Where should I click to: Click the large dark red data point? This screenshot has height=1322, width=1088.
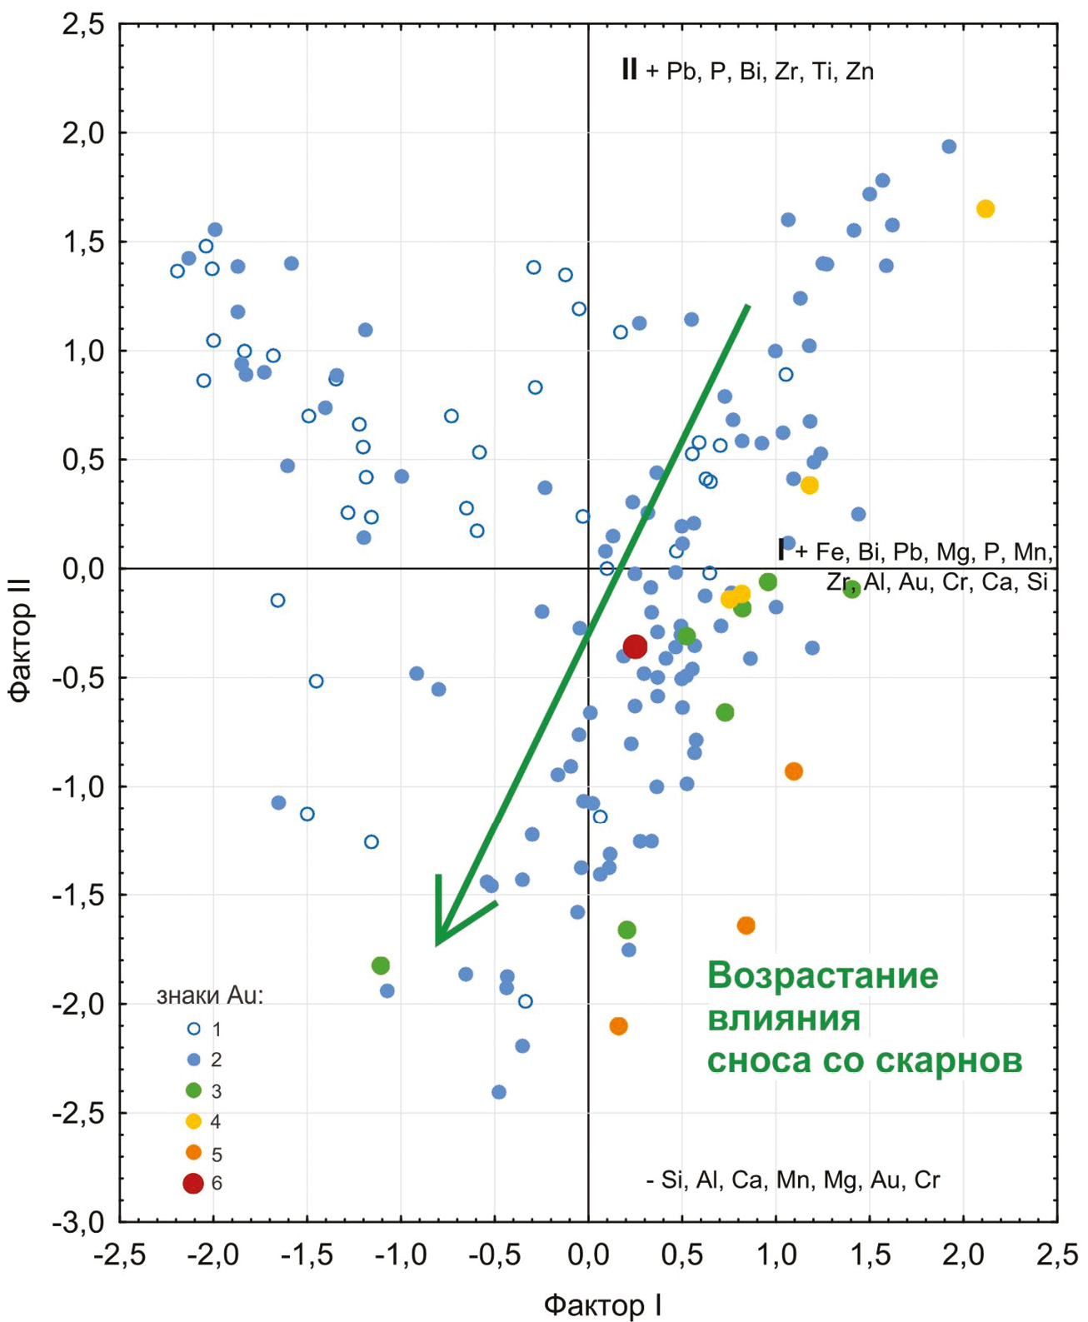pyautogui.click(x=635, y=646)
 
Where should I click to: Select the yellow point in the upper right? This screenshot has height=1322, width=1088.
pyautogui.click(x=986, y=209)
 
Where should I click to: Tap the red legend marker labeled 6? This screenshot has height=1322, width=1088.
pyautogui.click(x=193, y=1184)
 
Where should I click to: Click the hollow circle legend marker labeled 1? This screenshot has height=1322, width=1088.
pyautogui.click(x=193, y=1029)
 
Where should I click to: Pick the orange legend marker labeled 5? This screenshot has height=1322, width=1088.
pyautogui.click(x=193, y=1153)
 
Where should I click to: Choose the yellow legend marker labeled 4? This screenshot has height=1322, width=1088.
pyautogui.click(x=193, y=1121)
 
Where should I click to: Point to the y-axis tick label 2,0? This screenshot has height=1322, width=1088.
pyautogui.click(x=83, y=133)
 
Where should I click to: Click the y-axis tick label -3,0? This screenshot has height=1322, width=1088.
pyautogui.click(x=78, y=1223)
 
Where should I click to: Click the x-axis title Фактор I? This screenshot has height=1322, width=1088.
pyautogui.click(x=603, y=1305)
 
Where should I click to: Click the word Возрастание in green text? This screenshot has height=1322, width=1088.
pyautogui.click(x=822, y=975)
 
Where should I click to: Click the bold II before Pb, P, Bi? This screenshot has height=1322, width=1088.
pyautogui.click(x=629, y=69)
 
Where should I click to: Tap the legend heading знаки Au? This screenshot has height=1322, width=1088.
pyautogui.click(x=210, y=996)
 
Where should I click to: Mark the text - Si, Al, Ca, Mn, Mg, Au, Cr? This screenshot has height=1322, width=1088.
pyautogui.click(x=792, y=1180)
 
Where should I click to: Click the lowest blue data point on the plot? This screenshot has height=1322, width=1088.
pyautogui.click(x=499, y=1092)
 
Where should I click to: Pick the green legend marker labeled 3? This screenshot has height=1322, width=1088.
pyautogui.click(x=193, y=1090)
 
